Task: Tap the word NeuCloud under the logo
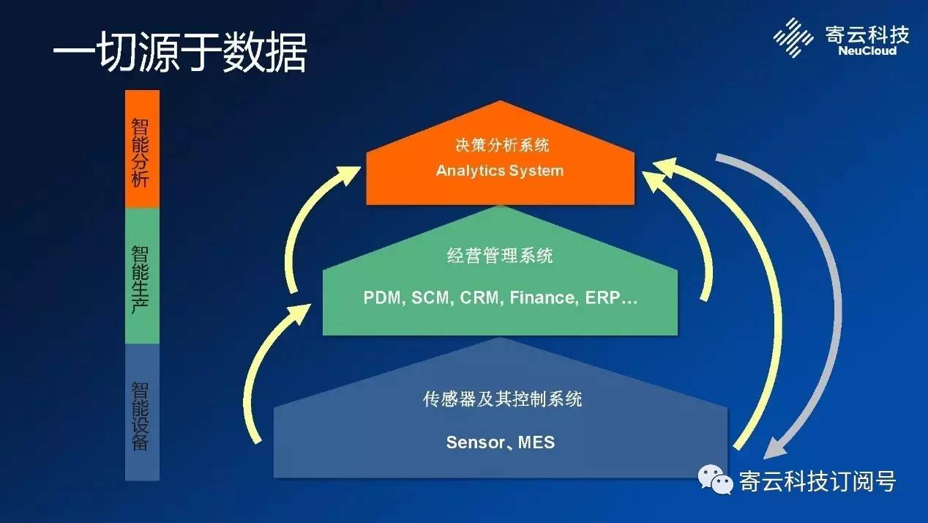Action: tap(867, 51)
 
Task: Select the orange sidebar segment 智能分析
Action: tap(141, 149)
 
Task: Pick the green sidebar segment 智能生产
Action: tap(141, 276)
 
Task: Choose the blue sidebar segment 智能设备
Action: tap(141, 412)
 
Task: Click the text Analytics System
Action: tap(500, 171)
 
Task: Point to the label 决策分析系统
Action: tap(500, 145)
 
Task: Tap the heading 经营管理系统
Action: tap(500, 256)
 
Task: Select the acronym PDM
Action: tap(383, 298)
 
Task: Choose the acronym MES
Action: tap(536, 442)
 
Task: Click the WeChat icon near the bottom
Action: tap(715, 479)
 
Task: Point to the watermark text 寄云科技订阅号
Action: tap(817, 481)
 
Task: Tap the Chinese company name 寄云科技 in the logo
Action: tap(867, 34)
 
